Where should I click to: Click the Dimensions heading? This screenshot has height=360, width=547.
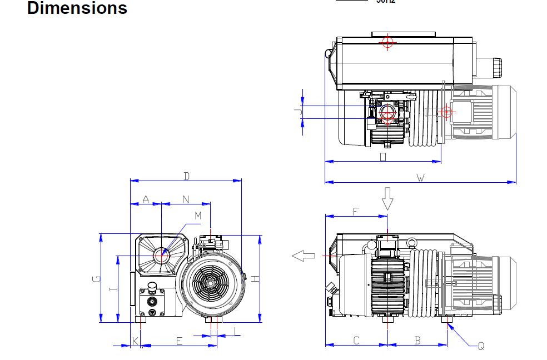pos(77,8)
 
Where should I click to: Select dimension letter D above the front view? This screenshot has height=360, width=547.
pos(187,177)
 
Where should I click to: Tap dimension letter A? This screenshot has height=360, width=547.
pos(146,199)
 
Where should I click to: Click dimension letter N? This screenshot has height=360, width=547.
pos(186,199)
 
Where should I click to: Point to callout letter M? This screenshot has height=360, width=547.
pos(198,216)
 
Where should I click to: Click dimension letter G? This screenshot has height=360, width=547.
pos(96,278)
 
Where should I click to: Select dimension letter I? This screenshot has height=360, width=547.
pos(113,289)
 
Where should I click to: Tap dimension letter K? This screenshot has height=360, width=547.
pos(135,341)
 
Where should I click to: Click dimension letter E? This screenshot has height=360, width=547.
pos(179,341)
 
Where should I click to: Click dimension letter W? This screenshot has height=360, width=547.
pos(420,178)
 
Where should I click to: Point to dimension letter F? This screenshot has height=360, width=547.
pos(356,211)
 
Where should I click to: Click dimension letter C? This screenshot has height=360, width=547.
pos(356,341)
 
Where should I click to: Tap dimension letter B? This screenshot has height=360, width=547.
pos(417,341)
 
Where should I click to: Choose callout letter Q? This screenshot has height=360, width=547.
pos(481,346)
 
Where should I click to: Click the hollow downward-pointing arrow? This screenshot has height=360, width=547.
pos(387,198)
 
